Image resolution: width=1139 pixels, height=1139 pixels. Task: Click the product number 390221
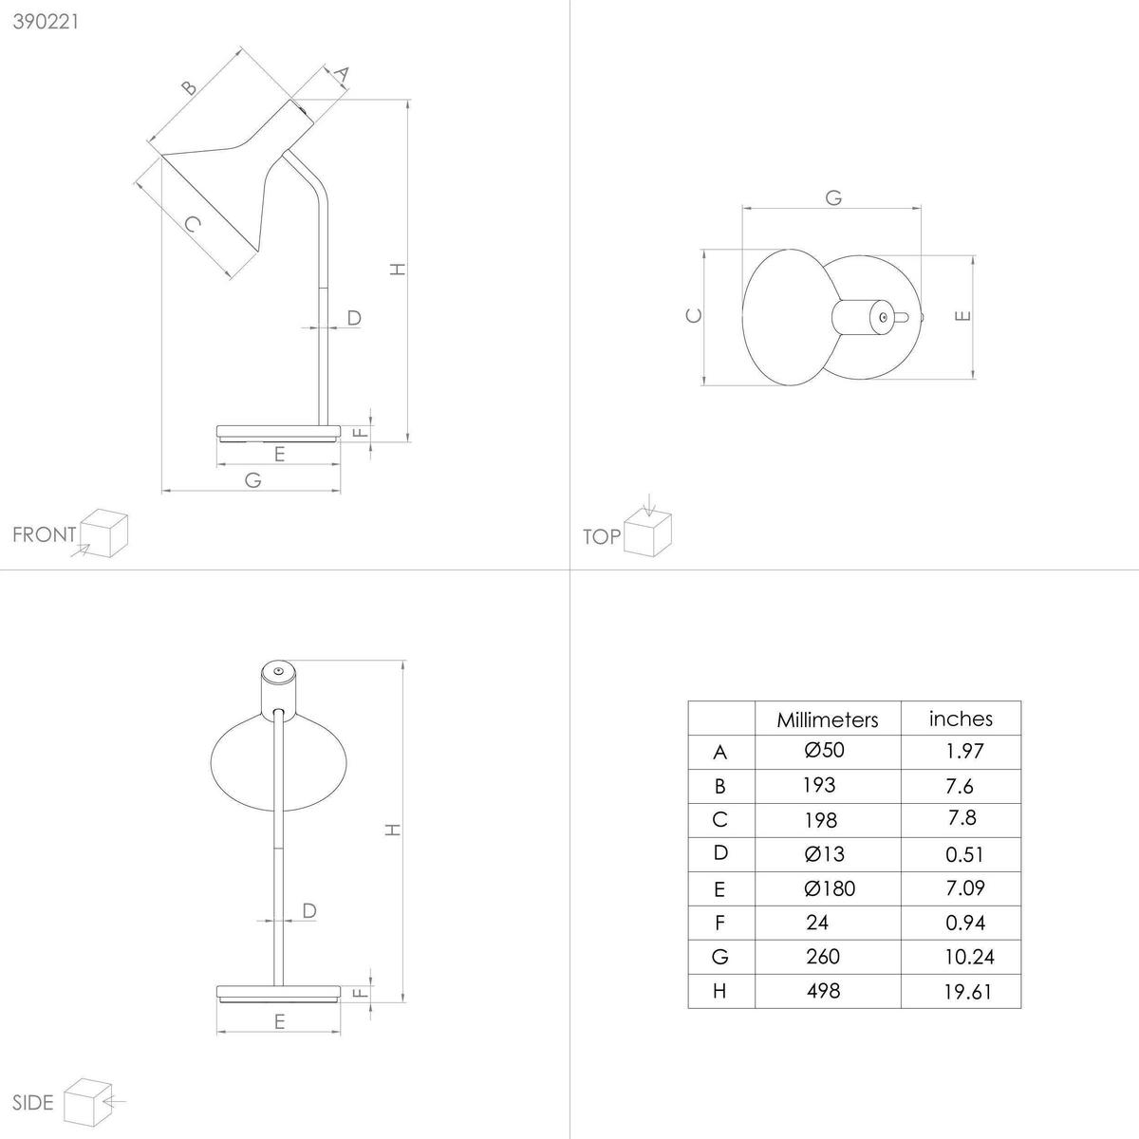(x=46, y=23)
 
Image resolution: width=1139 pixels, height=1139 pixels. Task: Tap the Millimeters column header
(x=827, y=719)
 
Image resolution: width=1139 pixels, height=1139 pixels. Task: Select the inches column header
(x=961, y=719)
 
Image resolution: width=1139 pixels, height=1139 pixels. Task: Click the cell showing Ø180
(x=829, y=888)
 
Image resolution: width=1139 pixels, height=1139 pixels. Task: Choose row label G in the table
(x=719, y=957)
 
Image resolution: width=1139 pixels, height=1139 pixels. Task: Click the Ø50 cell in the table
(x=824, y=751)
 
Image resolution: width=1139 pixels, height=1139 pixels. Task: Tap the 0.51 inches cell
(x=964, y=854)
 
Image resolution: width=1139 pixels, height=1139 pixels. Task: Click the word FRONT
(x=44, y=534)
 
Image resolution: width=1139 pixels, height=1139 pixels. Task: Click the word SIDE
(x=34, y=1102)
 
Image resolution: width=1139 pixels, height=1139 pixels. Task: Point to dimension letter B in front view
(x=189, y=88)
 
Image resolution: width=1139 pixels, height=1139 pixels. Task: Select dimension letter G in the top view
(x=833, y=197)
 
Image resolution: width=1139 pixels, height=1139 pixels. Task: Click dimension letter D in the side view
(x=308, y=911)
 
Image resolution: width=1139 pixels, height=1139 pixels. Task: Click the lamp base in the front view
(x=277, y=433)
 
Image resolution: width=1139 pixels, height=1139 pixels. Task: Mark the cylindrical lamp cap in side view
(x=278, y=682)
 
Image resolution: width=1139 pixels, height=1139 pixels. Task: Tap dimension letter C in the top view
(x=694, y=316)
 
